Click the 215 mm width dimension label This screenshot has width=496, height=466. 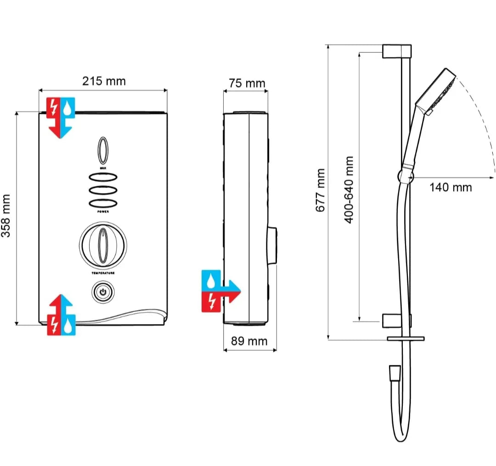104,81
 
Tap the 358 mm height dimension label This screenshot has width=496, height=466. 6,216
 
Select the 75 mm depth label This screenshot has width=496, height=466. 247,83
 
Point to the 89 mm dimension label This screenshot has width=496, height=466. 249,341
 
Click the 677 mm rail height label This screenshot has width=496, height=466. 321,190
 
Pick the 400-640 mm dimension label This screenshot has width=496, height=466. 349,190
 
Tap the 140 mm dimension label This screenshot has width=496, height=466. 451,188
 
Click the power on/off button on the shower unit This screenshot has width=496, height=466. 103,292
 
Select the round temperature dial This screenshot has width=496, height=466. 103,245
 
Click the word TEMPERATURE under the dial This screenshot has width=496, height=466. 103,273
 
